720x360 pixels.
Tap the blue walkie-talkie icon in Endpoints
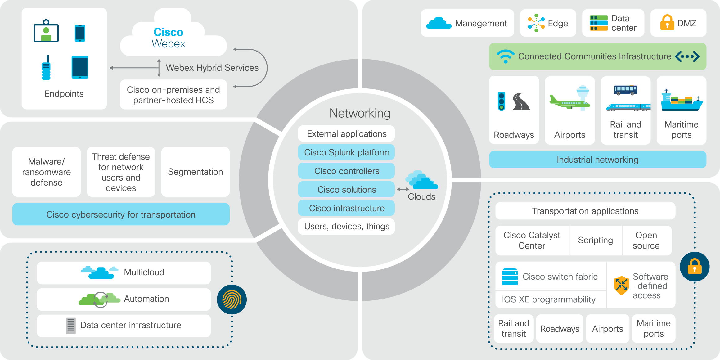point(46,68)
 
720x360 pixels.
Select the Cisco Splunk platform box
point(346,152)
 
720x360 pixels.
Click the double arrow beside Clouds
point(403,189)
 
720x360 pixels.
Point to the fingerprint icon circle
point(232,299)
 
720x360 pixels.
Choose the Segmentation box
point(195,172)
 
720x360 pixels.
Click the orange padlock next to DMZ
point(667,23)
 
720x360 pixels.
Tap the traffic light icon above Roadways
point(501,101)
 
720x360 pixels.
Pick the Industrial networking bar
point(597,160)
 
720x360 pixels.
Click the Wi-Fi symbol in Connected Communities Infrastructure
point(505,56)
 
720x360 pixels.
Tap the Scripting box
point(595,240)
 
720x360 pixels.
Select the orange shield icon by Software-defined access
point(621,285)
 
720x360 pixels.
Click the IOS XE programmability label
point(548,299)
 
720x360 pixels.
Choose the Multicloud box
point(124,272)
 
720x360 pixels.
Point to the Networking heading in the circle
point(360,113)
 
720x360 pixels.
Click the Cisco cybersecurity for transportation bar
point(121,214)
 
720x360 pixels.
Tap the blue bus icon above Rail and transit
point(625,90)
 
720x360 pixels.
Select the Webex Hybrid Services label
point(212,68)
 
